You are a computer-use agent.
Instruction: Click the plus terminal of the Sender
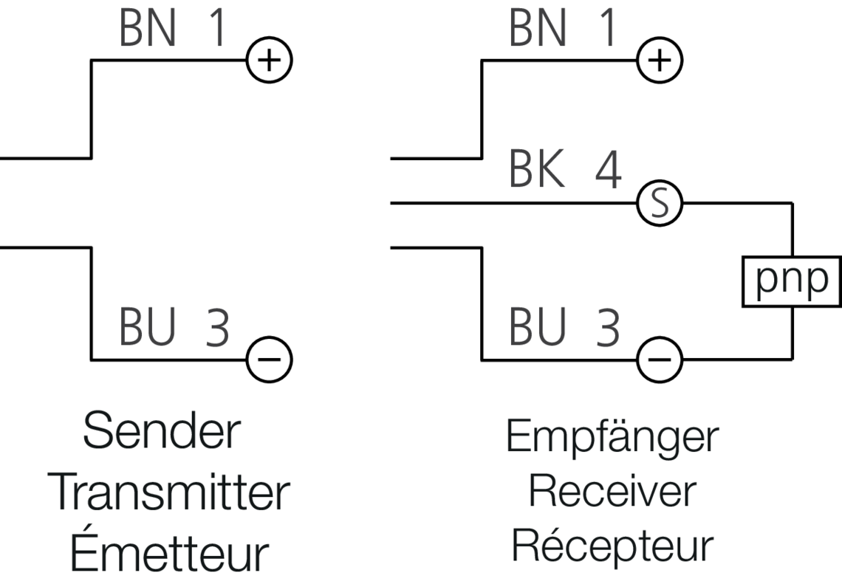coord(270,60)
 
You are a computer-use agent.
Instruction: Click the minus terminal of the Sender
coord(270,360)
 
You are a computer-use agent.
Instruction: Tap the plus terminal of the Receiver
coord(660,60)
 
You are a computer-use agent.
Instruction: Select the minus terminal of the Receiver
coord(660,360)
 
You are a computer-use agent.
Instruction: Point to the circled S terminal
coord(660,202)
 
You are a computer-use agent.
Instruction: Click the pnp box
coord(792,281)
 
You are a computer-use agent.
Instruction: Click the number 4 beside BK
coord(607,171)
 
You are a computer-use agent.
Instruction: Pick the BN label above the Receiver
coord(536,30)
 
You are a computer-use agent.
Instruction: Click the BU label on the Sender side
coord(146,329)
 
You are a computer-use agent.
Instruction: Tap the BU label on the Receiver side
coord(537,329)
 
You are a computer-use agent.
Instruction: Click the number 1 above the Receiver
coord(605,30)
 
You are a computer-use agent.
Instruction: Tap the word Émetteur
coord(168,553)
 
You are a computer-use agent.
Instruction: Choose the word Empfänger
coord(612,439)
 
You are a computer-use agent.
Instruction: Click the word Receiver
coord(612,492)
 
